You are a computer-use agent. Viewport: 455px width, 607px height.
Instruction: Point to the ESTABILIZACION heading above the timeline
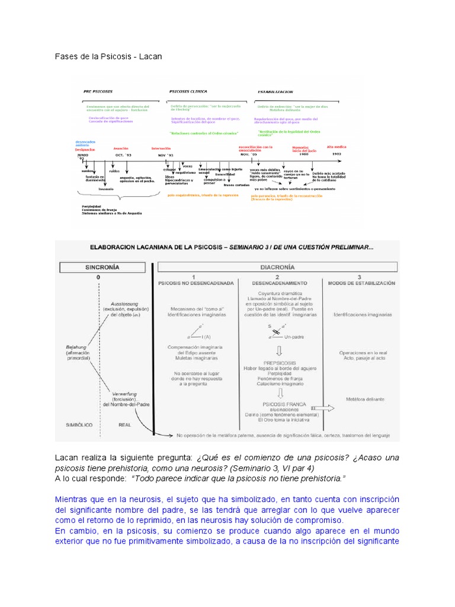coord(276,92)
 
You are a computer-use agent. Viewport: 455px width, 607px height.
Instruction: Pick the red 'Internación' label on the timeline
coord(161,148)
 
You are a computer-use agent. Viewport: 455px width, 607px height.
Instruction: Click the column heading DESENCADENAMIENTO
coord(276,284)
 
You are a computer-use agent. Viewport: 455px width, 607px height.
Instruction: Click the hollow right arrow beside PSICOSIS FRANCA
coord(322,408)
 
